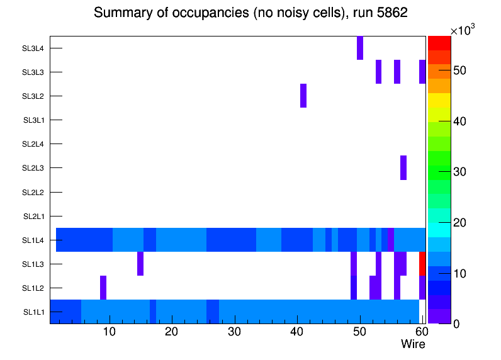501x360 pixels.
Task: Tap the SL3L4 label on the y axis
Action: pyautogui.click(x=33, y=48)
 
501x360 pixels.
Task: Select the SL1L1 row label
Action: pyautogui.click(x=34, y=312)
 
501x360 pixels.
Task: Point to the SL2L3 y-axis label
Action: pyautogui.click(x=33, y=168)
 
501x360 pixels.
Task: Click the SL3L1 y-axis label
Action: pyautogui.click(x=34, y=120)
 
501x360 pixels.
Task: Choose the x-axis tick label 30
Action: pyautogui.click(x=234, y=332)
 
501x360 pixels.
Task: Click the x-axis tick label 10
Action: pyautogui.click(x=110, y=332)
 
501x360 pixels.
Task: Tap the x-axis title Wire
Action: pyautogui.click(x=413, y=344)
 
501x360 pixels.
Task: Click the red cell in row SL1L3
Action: pyautogui.click(x=422, y=263)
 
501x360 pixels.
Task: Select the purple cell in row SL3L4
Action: pyautogui.click(x=360, y=48)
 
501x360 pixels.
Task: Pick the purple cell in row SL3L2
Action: pyautogui.click(x=303, y=96)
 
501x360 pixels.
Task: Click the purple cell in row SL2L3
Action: pyautogui.click(x=403, y=167)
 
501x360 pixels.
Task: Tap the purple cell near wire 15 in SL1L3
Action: pyautogui.click(x=140, y=263)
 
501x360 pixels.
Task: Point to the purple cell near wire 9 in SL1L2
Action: pyautogui.click(x=103, y=287)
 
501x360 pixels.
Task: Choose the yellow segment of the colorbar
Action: pyautogui.click(x=439, y=101)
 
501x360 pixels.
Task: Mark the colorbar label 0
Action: pyautogui.click(x=455, y=323)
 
